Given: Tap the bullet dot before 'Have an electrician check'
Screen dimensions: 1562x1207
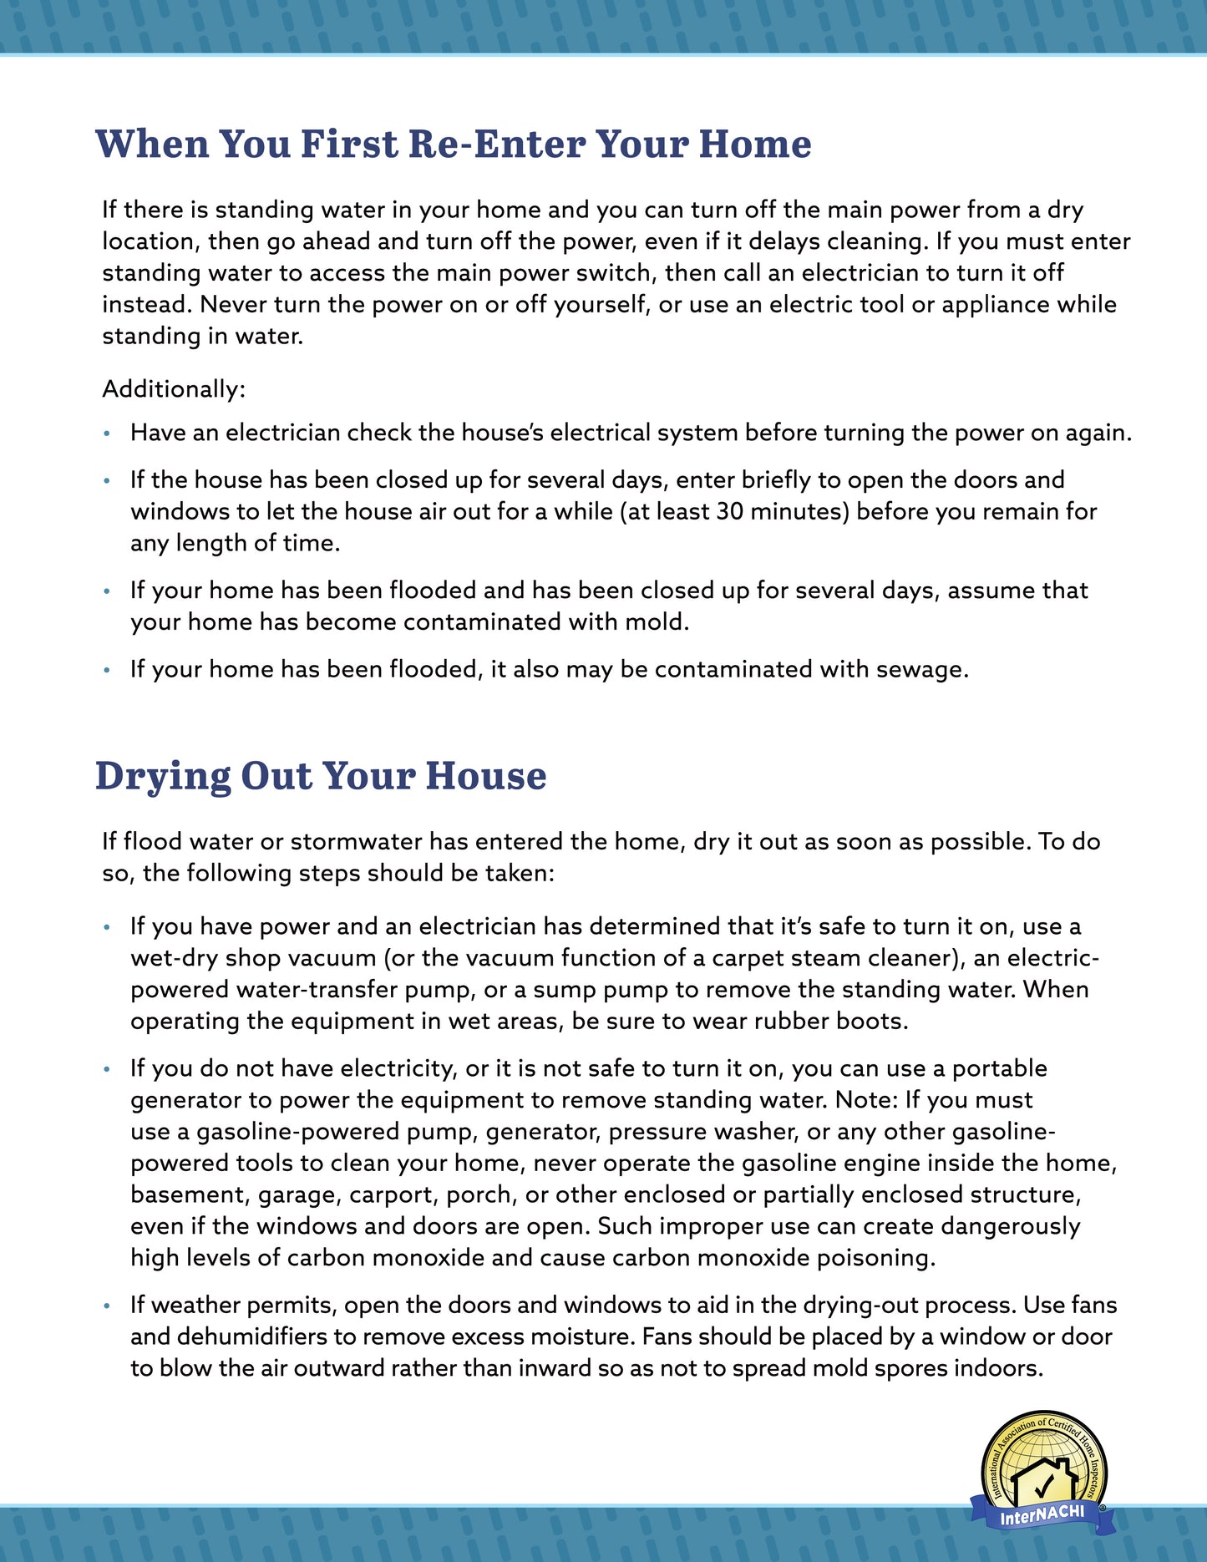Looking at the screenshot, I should click(x=106, y=434).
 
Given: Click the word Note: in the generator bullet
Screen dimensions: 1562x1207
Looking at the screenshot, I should click(x=866, y=1100).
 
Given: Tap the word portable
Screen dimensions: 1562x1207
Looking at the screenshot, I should click(x=1000, y=1068).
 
